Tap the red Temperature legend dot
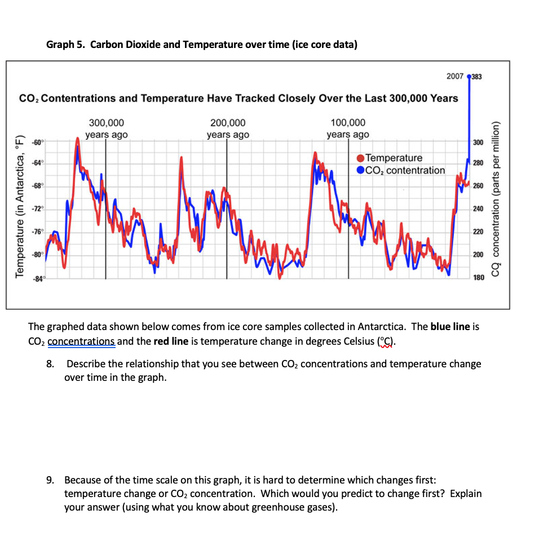360,159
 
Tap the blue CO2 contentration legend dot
360,170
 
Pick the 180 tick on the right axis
478,278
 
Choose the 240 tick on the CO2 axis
478,209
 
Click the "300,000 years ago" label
107,129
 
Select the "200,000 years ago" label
227,129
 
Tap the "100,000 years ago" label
348,129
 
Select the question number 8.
50,364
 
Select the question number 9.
50,480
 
